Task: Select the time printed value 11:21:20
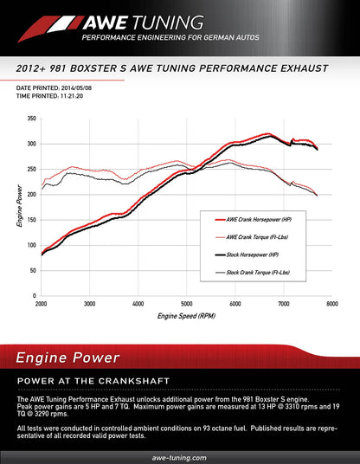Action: (74, 96)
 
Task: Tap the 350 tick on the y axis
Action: (31, 119)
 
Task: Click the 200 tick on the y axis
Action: (31, 194)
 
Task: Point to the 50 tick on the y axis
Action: (32, 270)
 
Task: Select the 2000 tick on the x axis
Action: (41, 304)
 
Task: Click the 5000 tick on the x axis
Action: (186, 304)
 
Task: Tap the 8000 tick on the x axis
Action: (331, 304)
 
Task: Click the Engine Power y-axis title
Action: (20, 208)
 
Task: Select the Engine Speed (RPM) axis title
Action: (185, 317)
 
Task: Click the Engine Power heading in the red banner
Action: (66, 355)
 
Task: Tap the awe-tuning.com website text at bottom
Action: (179, 456)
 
